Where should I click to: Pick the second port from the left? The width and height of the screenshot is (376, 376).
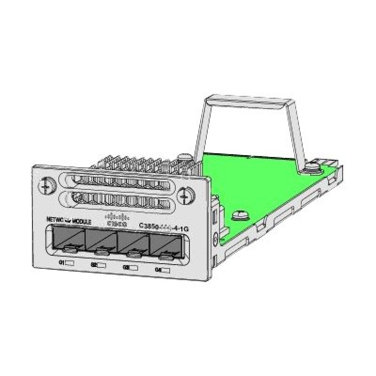click(100, 243)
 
